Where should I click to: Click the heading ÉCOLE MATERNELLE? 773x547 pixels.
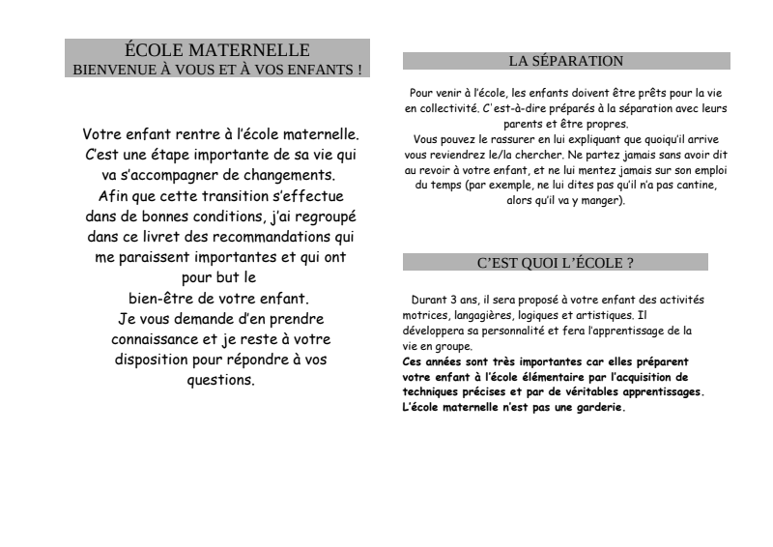[x=217, y=49]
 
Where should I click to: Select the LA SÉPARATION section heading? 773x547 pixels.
[x=566, y=61]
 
